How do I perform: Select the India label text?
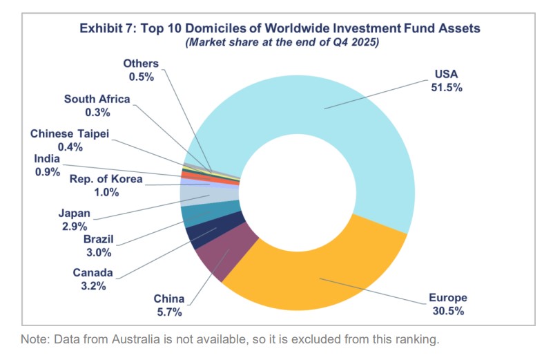pos(47,159)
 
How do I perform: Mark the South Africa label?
pos(97,99)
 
